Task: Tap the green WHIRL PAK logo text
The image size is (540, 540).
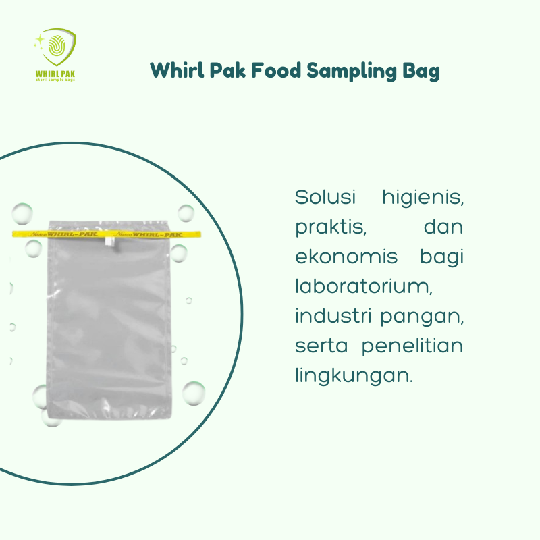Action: pos(55,73)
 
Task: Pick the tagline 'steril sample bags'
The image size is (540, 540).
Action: pos(55,80)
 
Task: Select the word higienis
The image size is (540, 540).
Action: pos(423,198)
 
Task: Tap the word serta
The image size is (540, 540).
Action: pos(321,346)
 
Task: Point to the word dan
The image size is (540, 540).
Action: pos(443,227)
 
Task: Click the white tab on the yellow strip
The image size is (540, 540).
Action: pos(111,238)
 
